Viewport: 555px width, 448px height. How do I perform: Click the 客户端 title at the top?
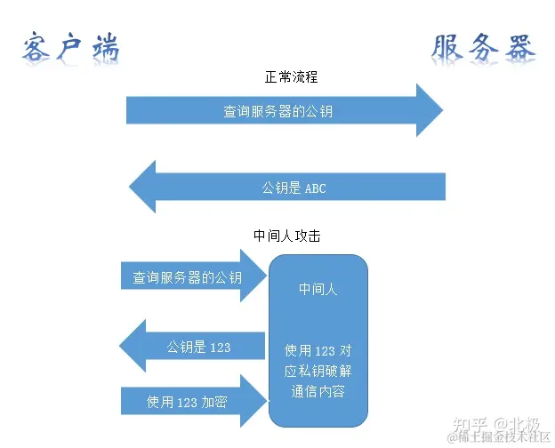(x=70, y=49)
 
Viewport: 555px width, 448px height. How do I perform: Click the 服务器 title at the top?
(x=484, y=49)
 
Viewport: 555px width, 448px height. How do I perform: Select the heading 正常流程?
(x=291, y=77)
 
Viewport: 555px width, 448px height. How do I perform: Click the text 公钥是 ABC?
(x=294, y=188)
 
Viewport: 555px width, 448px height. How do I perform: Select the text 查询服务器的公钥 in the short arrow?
(x=187, y=277)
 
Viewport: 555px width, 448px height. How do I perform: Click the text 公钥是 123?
(x=198, y=347)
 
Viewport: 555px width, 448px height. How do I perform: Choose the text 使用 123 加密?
(x=187, y=402)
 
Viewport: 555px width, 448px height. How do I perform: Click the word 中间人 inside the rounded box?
(x=318, y=289)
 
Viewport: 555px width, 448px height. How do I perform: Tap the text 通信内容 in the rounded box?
(x=318, y=392)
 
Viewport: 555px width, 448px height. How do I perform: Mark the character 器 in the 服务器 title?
(x=519, y=49)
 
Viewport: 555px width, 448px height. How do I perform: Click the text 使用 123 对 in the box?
(x=318, y=350)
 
